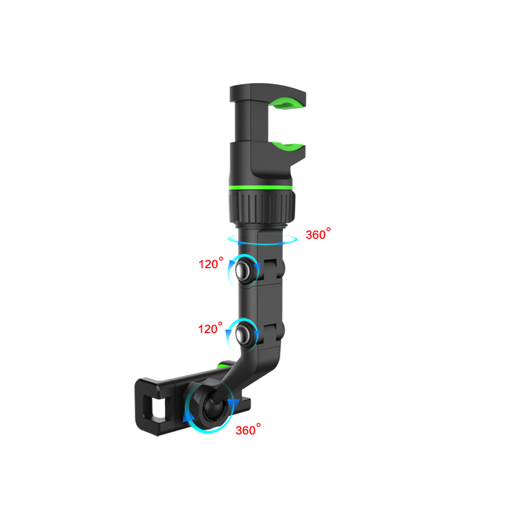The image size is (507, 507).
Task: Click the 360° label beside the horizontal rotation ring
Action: click(x=318, y=234)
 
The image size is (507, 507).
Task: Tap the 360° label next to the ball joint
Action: click(x=248, y=430)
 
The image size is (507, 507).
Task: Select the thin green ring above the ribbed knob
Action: click(x=261, y=189)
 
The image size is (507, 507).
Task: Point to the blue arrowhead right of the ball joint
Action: click(x=233, y=403)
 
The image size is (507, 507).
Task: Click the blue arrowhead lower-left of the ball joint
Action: click(x=188, y=417)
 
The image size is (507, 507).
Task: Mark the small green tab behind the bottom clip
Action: click(x=222, y=365)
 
